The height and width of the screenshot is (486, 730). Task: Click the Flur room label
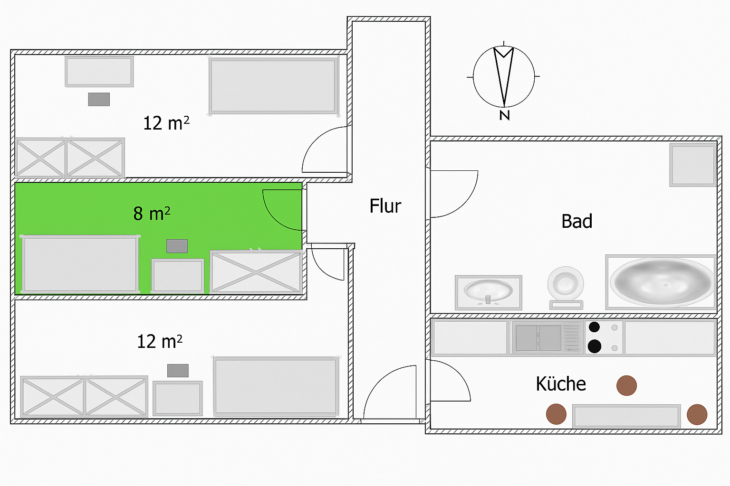385,206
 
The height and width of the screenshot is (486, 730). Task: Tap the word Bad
576,221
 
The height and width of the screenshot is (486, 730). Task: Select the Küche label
560,384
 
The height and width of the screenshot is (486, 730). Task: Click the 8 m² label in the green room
152,214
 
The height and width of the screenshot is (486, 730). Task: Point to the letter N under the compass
504,115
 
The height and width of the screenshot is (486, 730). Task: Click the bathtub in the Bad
661,282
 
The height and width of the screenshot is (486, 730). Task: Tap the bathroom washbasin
489,293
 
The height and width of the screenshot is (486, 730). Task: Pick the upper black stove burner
594,327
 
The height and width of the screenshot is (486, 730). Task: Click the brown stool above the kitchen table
626,385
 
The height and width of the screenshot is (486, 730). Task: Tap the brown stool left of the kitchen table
556,414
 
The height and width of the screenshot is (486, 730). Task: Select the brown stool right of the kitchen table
697,414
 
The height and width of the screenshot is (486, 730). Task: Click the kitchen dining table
626,416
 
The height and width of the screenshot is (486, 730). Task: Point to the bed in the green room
80,264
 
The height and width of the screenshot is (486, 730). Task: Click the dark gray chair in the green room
177,246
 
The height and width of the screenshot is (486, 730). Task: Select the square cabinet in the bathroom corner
692,165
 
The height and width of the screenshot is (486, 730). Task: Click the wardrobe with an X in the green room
256,272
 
